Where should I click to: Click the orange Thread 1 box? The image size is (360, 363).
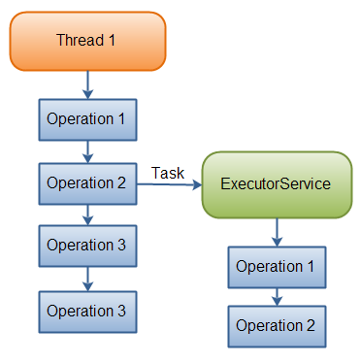(88, 40)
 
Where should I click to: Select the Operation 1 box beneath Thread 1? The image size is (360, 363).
(86, 119)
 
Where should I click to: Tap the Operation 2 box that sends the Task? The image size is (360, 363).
(86, 181)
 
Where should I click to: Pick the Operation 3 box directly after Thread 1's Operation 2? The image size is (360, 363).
(86, 245)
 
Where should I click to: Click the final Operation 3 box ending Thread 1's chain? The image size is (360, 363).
(86, 311)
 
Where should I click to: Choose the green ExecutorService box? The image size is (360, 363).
(276, 183)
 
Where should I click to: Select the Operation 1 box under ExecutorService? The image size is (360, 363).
(276, 266)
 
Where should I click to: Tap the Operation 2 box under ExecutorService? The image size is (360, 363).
(276, 327)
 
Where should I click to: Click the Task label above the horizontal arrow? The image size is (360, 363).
(169, 173)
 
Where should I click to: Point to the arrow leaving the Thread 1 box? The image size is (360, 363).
(87, 83)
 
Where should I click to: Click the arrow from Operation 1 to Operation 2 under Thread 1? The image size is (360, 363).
(87, 150)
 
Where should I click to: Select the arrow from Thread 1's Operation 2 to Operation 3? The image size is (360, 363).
(87, 213)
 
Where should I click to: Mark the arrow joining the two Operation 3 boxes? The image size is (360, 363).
(87, 278)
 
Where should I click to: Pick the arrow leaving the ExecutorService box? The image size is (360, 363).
(277, 231)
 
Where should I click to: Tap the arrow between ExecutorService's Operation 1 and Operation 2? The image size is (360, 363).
(277, 296)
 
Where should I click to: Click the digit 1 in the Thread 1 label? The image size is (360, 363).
(115, 40)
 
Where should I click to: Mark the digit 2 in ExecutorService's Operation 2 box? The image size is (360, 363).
(310, 327)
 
